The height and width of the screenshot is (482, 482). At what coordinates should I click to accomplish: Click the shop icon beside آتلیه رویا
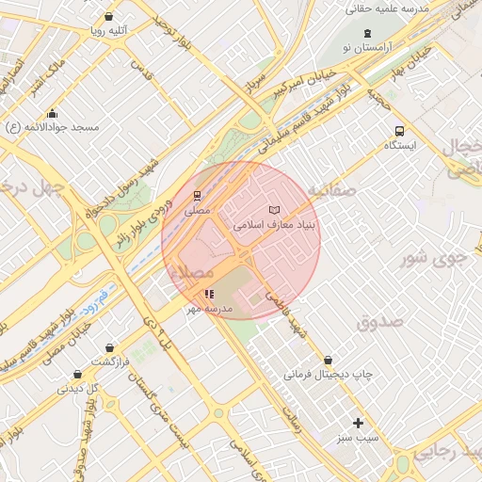pos(110,17)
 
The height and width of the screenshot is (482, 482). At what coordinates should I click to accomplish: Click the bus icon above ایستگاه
pos(400,132)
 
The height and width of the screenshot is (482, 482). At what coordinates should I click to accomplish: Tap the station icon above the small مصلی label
pos(197,196)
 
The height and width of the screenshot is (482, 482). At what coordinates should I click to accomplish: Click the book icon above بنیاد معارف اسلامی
pos(274,210)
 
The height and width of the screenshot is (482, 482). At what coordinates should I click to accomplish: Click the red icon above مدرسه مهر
pos(209,295)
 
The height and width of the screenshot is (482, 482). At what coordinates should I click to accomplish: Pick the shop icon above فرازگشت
pos(111,348)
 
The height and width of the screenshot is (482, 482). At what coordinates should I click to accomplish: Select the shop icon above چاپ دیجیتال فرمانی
pos(328,360)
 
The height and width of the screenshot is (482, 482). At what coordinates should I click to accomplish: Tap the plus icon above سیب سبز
pos(358,423)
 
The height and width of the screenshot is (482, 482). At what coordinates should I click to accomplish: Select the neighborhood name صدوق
pos(380,322)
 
